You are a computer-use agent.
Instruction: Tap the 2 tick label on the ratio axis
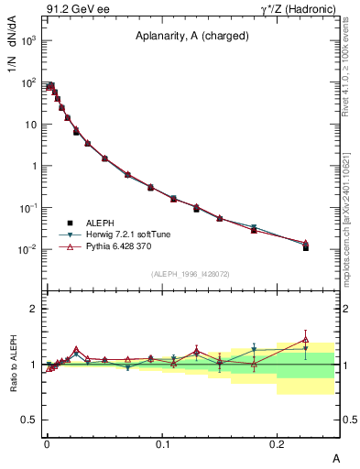34,309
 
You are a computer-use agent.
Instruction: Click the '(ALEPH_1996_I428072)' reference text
191,273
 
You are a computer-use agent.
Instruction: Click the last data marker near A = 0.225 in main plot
306,246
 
